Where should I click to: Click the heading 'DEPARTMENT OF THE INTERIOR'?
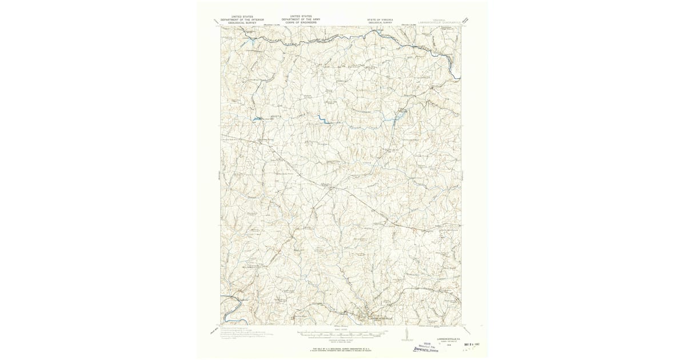[237, 20]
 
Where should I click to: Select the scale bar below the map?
[341, 331]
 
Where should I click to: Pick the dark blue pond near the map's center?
[322, 120]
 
